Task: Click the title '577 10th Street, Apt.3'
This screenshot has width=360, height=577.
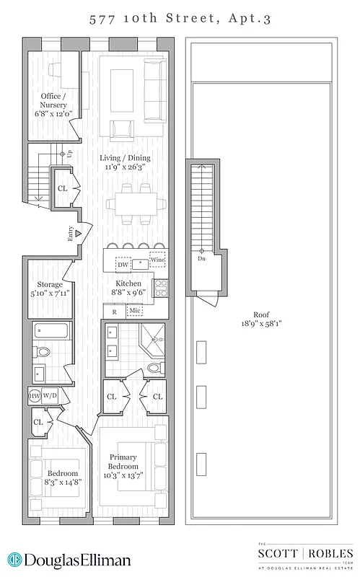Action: click(x=180, y=19)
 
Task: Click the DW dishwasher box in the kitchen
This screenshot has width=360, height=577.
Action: click(x=123, y=265)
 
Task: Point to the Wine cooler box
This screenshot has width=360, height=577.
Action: click(x=157, y=261)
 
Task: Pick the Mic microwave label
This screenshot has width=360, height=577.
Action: click(x=135, y=311)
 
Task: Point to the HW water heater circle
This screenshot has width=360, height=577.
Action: click(x=35, y=396)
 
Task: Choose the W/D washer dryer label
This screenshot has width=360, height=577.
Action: click(x=50, y=396)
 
